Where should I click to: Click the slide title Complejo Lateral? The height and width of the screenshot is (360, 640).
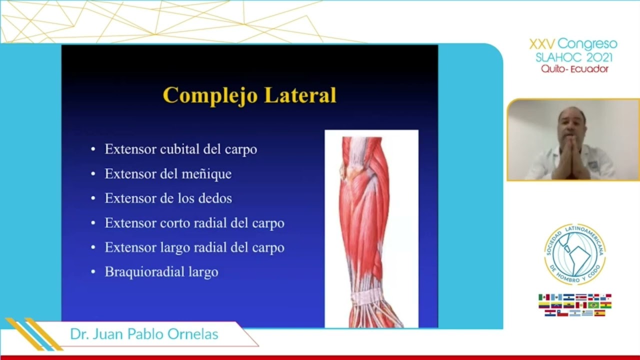click(x=249, y=95)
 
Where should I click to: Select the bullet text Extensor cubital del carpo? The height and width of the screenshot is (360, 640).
click(x=180, y=149)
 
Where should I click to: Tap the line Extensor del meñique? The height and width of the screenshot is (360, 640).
click(x=167, y=174)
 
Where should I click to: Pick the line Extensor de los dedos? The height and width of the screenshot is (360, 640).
click(x=168, y=198)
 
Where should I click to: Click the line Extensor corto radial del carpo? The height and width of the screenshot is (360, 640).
click(x=194, y=223)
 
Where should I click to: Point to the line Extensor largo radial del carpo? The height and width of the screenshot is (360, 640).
click(x=194, y=247)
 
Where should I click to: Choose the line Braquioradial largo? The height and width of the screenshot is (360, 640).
click(x=161, y=272)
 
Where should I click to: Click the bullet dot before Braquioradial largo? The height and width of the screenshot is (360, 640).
click(x=93, y=272)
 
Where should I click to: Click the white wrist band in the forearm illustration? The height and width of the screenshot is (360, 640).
click(x=368, y=297)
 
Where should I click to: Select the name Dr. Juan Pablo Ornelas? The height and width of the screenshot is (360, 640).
click(x=144, y=334)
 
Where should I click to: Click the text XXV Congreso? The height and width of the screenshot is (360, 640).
click(x=573, y=44)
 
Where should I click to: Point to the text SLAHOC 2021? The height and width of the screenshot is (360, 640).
click(x=573, y=57)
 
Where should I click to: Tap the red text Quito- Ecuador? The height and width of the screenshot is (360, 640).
click(x=574, y=69)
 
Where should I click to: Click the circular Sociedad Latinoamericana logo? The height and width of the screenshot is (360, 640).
click(x=574, y=254)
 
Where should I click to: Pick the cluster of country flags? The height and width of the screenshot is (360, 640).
click(x=574, y=305)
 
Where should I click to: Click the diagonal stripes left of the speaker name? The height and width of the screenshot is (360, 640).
click(x=32, y=334)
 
